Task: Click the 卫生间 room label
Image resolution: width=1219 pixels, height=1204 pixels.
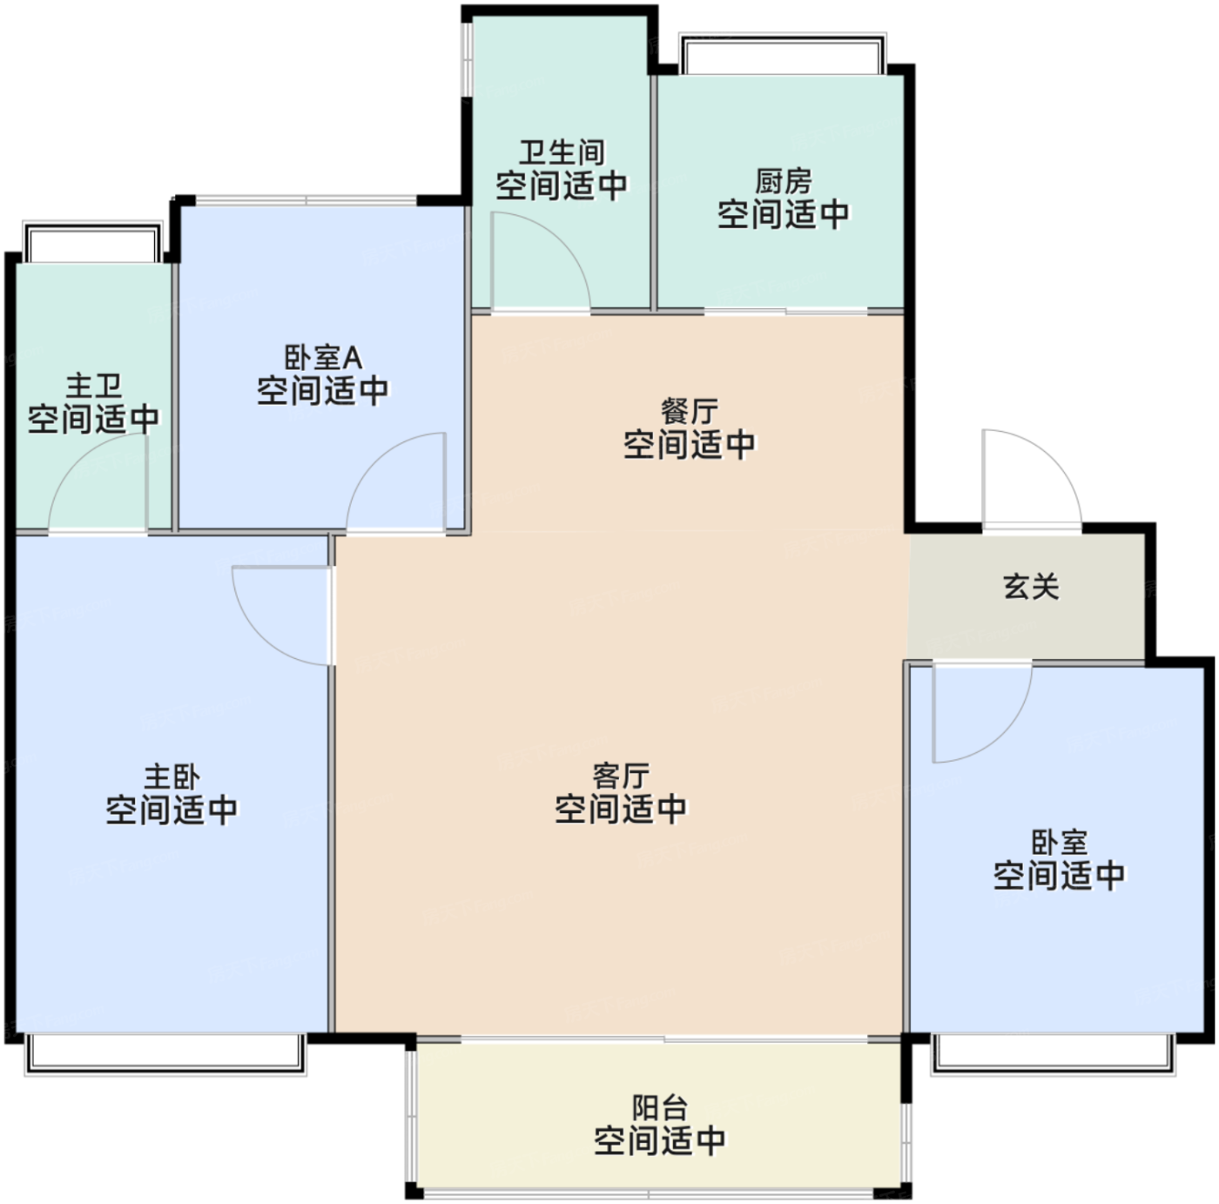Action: click(562, 152)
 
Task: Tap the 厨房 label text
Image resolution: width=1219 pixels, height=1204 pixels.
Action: click(783, 182)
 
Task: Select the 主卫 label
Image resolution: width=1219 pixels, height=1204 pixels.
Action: click(94, 386)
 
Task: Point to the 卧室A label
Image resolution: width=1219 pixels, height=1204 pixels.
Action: click(323, 358)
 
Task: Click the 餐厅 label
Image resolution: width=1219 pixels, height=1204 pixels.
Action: click(690, 412)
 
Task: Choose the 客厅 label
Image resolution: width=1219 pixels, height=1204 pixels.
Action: click(621, 776)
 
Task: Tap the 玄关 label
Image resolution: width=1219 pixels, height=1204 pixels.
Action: click(1031, 587)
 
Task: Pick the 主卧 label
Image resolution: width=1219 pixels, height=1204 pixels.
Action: click(172, 777)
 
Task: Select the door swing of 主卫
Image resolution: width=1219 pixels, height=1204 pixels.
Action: click(77, 463)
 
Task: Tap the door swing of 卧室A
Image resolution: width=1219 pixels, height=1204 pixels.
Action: click(374, 462)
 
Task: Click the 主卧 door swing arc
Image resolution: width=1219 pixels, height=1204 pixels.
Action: click(260, 636)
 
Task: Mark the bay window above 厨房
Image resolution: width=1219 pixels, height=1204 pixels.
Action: click(783, 53)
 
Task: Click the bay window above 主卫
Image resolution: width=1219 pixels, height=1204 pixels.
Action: click(92, 241)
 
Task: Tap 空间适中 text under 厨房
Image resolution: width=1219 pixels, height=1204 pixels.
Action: click(783, 214)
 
